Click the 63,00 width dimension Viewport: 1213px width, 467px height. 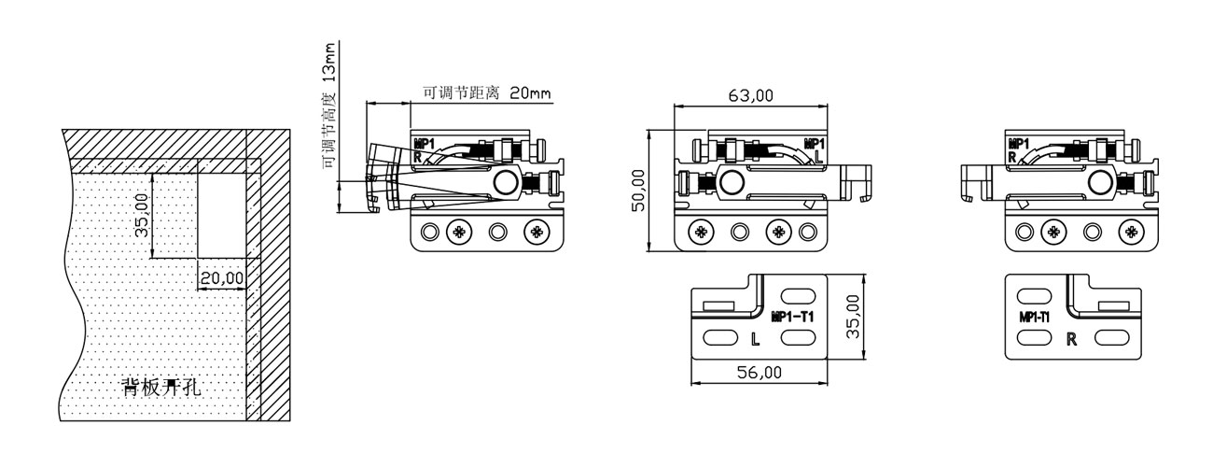coord(750,96)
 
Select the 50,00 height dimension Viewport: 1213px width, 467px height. coord(639,191)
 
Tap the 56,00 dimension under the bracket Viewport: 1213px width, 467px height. coord(760,372)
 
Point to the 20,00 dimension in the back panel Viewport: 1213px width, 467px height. coord(222,278)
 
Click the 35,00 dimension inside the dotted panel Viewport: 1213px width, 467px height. coord(142,216)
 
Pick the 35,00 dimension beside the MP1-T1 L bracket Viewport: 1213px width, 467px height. coord(853,317)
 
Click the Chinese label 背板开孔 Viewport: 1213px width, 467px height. coord(161,387)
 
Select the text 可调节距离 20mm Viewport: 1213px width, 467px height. coord(486,92)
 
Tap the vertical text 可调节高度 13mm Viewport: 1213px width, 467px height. coord(329,106)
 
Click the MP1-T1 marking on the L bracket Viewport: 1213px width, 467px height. coord(792,317)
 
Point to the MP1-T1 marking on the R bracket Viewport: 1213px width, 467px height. coord(1034,317)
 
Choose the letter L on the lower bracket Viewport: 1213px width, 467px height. coord(756,339)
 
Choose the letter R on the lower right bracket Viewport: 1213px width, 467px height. coord(1071,339)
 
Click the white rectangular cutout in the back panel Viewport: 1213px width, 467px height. coord(221,215)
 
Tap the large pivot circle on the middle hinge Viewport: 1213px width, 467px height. coord(731,181)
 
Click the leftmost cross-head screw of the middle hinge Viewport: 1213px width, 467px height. coord(701,232)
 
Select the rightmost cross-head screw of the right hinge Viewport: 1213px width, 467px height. coord(1131,232)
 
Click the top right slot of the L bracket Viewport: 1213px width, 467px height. coord(798,296)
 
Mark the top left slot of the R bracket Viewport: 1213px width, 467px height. coord(1034,296)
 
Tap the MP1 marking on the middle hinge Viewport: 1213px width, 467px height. coord(814,144)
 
